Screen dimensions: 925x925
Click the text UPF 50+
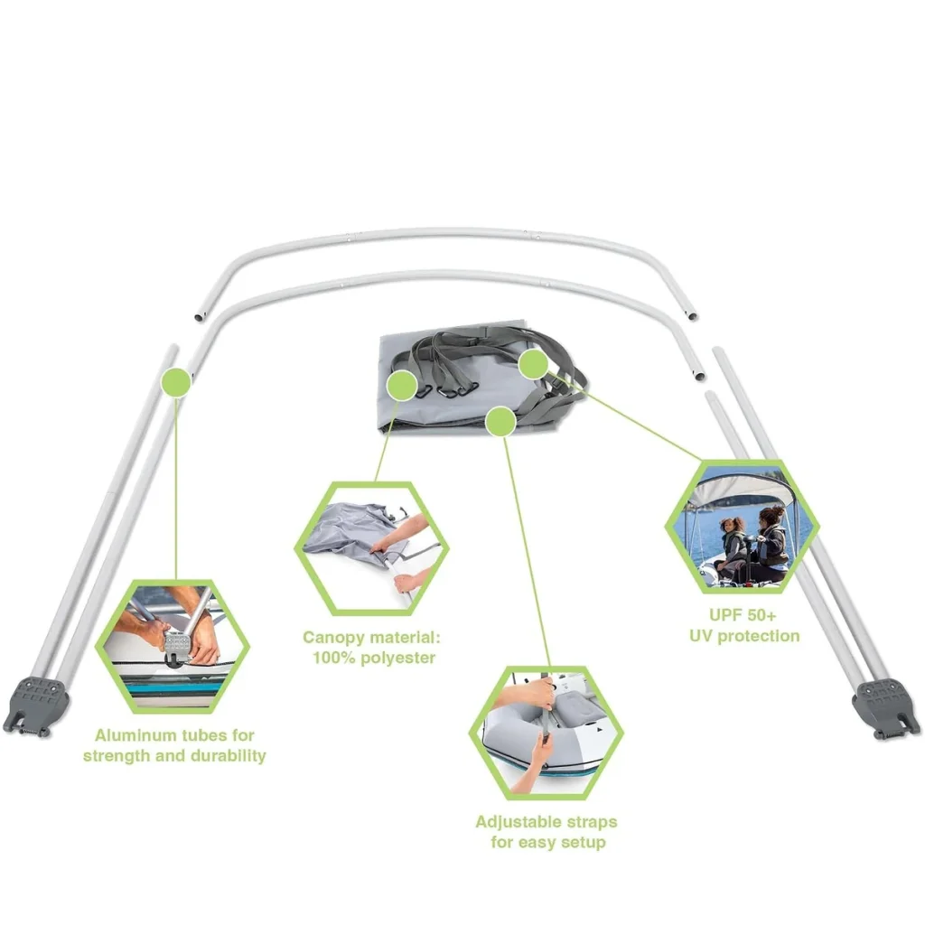pyautogui.click(x=743, y=615)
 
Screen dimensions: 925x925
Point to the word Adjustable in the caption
pyautogui.click(x=512, y=822)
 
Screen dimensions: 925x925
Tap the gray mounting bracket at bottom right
pyautogui.click(x=885, y=708)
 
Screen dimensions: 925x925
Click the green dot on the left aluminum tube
pyautogui.click(x=176, y=382)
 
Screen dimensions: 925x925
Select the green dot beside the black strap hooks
pyautogui.click(x=402, y=386)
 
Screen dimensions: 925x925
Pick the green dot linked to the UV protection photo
pyautogui.click(x=533, y=363)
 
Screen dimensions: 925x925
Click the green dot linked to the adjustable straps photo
pyautogui.click(x=500, y=421)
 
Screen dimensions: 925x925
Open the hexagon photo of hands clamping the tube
pyautogui.click(x=173, y=647)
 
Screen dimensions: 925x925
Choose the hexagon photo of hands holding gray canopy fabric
pyautogui.click(x=371, y=548)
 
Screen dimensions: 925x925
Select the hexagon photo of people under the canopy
pyautogui.click(x=743, y=527)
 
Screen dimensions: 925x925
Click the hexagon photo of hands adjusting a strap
pyautogui.click(x=547, y=733)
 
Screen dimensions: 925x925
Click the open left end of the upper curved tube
pyautogui.click(x=200, y=317)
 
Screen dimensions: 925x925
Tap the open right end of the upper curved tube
pyautogui.click(x=693, y=315)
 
